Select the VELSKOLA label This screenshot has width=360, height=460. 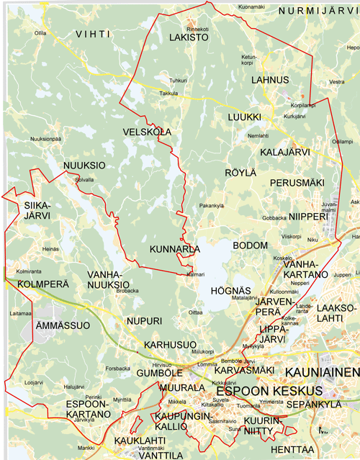coord(148,132)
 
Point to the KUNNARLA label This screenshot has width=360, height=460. coord(175,249)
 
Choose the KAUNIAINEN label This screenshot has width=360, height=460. coord(322,371)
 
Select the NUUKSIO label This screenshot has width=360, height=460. coord(85,165)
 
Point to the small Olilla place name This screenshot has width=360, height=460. coord(40,33)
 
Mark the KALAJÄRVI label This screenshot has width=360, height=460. coord(286,152)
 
